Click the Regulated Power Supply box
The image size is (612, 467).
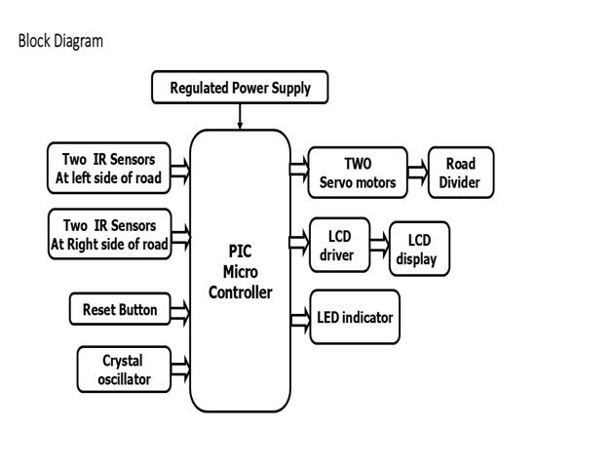click(240, 89)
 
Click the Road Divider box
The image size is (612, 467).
click(460, 173)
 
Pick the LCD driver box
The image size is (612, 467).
click(338, 245)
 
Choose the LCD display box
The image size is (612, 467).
click(419, 250)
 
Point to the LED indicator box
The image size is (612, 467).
click(355, 317)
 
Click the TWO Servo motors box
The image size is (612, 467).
click(357, 172)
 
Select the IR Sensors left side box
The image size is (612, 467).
click(108, 168)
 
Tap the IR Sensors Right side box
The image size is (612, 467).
click(109, 234)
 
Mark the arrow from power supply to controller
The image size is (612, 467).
click(240, 115)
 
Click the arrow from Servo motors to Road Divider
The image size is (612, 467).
click(416, 173)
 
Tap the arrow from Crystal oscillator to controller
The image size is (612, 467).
click(179, 370)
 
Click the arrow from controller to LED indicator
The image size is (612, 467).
click(299, 318)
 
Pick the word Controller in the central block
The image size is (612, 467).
click(240, 292)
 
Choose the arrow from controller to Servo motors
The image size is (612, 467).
click(299, 168)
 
